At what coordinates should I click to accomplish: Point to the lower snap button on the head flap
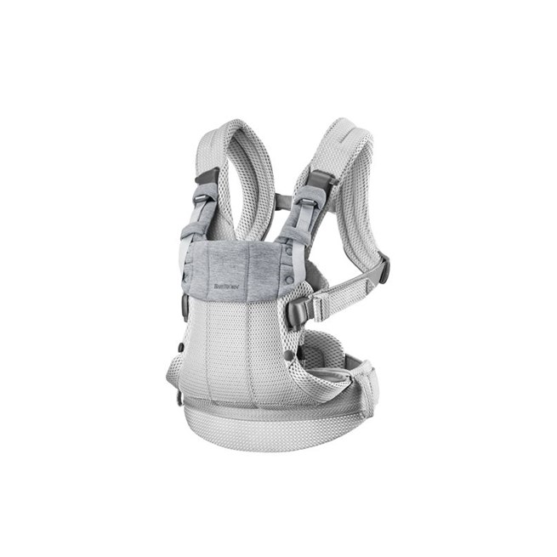pyautogui.click(x=290, y=278)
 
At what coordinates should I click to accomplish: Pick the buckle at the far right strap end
pyautogui.click(x=384, y=268)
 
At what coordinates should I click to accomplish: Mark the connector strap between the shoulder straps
pyautogui.click(x=280, y=202)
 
